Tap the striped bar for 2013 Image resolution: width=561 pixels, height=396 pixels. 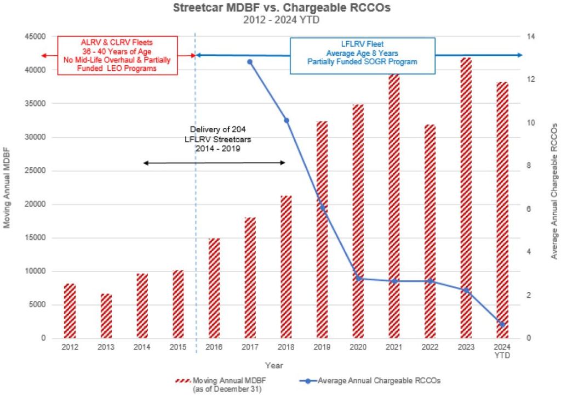click(106, 316)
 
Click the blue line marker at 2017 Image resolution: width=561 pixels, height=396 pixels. click(250, 62)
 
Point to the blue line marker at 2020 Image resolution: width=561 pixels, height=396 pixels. click(359, 279)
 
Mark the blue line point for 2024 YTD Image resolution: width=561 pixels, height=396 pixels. click(502, 325)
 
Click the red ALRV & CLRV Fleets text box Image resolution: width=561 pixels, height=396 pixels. click(118, 55)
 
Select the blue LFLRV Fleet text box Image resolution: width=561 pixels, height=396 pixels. click(362, 55)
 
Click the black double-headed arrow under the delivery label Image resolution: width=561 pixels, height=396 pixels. click(214, 162)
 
